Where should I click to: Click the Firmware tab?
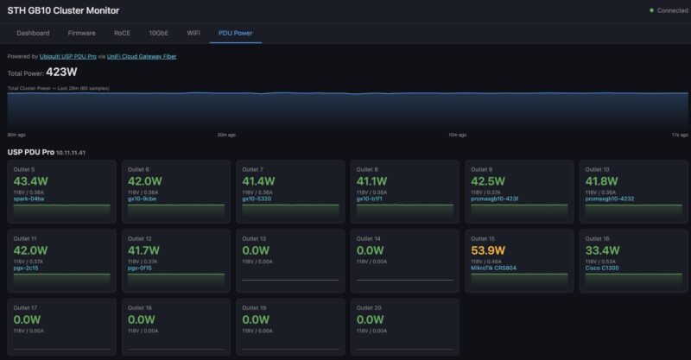(x=81, y=33)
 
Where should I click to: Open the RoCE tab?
(x=122, y=33)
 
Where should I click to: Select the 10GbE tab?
(x=158, y=33)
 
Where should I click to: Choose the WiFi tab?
(x=193, y=33)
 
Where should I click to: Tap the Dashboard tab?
(x=33, y=33)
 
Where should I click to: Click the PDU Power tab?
(x=236, y=33)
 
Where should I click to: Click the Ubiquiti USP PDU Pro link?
(x=68, y=56)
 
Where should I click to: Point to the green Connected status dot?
(x=652, y=10)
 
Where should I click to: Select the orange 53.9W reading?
(x=489, y=250)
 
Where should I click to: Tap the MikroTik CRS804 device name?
(x=494, y=268)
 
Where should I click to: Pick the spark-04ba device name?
(x=29, y=199)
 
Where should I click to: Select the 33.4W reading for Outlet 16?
(x=603, y=250)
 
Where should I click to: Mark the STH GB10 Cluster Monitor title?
(x=63, y=10)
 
